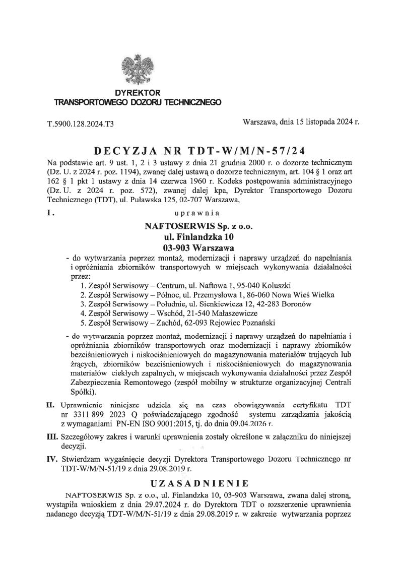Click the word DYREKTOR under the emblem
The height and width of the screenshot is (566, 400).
tap(138, 93)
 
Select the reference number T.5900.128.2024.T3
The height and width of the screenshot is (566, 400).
tap(80, 123)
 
